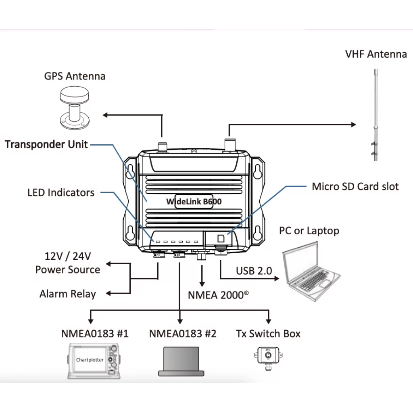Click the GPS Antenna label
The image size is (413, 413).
[75, 76]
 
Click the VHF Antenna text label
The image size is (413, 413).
[376, 54]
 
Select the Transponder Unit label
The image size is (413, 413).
[46, 144]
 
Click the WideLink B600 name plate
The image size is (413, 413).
[194, 201]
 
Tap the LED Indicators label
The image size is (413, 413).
[61, 192]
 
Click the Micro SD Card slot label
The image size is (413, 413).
[355, 186]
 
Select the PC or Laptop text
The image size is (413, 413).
[309, 231]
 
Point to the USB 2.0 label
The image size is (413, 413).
[254, 271]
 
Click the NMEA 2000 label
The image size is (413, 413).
[218, 295]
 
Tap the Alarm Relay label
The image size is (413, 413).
[67, 294]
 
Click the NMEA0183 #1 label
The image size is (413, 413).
[95, 334]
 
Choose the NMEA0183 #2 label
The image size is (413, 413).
[183, 334]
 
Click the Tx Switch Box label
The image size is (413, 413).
[268, 334]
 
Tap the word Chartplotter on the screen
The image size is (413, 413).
[90, 359]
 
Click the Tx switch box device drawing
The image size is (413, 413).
[268, 357]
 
